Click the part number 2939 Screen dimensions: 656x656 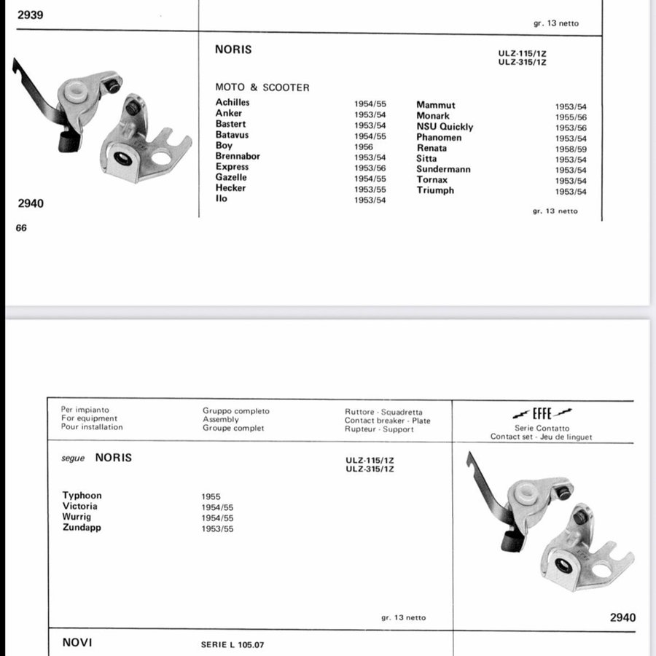point(30,15)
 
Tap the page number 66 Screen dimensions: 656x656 point(21,228)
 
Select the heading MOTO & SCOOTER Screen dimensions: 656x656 point(262,87)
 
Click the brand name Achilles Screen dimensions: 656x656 point(233,103)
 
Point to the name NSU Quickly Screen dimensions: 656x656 point(445,127)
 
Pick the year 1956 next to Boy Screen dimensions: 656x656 point(364,147)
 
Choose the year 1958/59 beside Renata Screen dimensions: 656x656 point(571,149)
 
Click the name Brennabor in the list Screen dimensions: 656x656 point(238,156)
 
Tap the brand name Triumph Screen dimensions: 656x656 point(435,190)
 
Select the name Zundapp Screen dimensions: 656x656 point(82,528)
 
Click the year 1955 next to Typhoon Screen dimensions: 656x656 point(211,496)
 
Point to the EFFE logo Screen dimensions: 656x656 point(541,413)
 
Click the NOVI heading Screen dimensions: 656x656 point(77,643)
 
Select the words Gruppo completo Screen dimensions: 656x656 point(236,411)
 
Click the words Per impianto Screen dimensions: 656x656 point(85,410)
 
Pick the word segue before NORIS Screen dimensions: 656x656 point(74,458)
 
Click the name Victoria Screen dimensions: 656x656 point(80,507)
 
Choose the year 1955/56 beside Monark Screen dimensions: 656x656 point(571,117)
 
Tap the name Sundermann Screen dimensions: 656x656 point(443,169)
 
